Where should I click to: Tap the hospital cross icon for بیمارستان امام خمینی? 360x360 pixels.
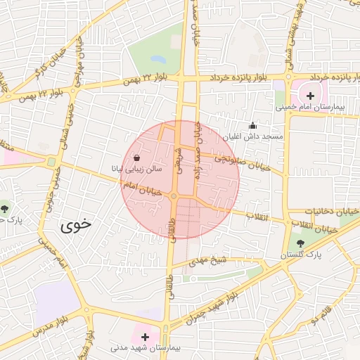coord(310,95)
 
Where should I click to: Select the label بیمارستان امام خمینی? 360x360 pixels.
coord(310,108)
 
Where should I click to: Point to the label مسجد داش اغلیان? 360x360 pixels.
coord(254,136)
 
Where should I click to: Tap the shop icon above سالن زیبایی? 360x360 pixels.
coord(136,157)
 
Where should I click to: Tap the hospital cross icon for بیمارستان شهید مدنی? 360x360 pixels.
coord(146,337)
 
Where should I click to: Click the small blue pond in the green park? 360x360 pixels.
coord(158,60)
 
